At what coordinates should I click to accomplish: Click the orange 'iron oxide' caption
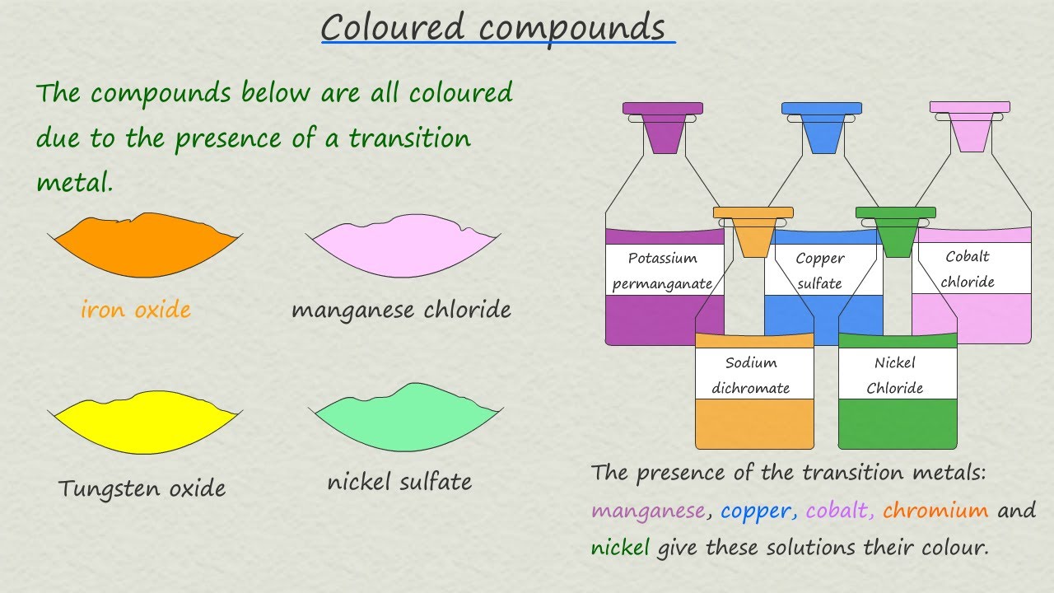coord(136,310)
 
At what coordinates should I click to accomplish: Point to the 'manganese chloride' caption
coord(401,310)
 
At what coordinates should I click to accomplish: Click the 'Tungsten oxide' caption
coord(142,488)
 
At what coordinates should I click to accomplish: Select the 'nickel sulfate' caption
coord(399,482)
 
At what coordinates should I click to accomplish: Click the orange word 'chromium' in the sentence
coord(935,511)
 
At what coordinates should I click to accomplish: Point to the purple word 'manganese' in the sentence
coord(648,511)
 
